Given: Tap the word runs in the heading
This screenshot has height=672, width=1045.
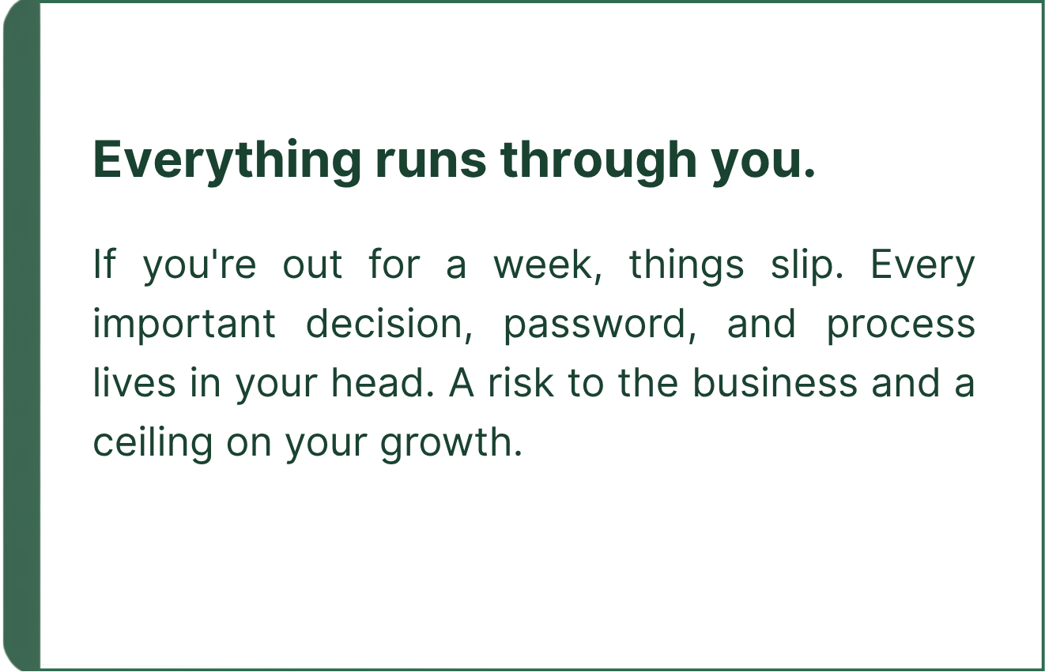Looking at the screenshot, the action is [x=431, y=160].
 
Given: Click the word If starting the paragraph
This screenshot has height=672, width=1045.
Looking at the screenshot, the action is [x=104, y=265].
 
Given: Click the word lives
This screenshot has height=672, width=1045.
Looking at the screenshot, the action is [x=134, y=383].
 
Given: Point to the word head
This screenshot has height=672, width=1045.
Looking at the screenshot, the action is [x=383, y=383].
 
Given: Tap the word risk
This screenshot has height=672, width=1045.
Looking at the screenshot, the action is [x=521, y=383].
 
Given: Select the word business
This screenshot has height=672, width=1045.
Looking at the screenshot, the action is [x=775, y=383].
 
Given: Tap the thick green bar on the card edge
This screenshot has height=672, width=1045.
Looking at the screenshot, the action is [x=22, y=336].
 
